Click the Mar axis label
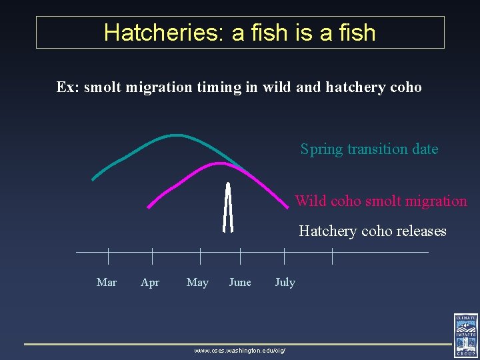pyautogui.click(x=107, y=282)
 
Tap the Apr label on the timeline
pyautogui.click(x=150, y=282)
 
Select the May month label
pyautogui.click(x=197, y=282)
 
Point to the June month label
pyautogui.click(x=240, y=282)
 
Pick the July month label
pyautogui.click(x=285, y=282)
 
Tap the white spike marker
pyautogui.click(x=228, y=207)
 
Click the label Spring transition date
pyautogui.click(x=369, y=149)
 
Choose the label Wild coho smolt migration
pyautogui.click(x=381, y=201)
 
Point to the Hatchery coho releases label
pyautogui.click(x=372, y=231)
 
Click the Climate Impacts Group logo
pyautogui.click(x=465, y=335)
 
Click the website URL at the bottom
pyautogui.click(x=239, y=349)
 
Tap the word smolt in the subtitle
pyautogui.click(x=103, y=87)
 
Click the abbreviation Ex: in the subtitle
pyautogui.click(x=68, y=87)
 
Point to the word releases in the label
pyautogui.click(x=421, y=231)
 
